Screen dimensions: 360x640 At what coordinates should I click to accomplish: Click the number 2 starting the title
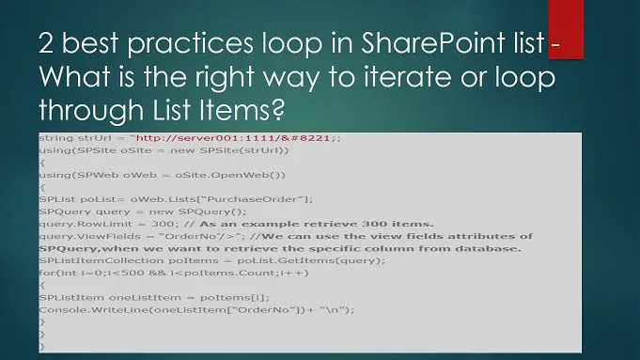click(47, 43)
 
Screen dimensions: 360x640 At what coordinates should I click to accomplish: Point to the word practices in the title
click(169, 43)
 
